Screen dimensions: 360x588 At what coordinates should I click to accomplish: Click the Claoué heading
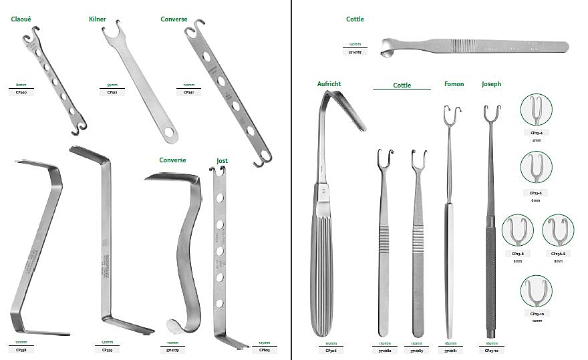23,19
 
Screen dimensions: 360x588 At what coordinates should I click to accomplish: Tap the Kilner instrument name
98,19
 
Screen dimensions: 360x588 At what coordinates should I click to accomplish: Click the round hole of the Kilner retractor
170,133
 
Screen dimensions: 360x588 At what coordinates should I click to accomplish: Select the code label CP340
21,92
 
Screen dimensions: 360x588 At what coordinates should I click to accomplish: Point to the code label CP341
189,92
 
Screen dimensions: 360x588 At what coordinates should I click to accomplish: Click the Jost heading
222,161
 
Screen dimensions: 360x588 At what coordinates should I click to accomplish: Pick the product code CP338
21,349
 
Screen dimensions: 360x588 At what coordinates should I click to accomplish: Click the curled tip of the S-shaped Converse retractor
175,325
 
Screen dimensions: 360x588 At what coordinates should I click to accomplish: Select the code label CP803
265,349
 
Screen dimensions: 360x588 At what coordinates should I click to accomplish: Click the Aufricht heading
329,84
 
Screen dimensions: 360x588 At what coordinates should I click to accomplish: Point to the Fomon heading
454,84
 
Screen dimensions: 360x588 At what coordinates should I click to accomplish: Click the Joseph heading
491,84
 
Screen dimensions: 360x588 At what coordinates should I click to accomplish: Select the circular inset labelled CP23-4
536,110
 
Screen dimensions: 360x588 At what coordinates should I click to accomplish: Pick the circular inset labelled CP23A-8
558,230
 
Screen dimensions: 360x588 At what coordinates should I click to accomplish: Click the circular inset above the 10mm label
536,291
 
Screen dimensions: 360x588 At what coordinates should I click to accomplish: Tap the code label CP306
329,349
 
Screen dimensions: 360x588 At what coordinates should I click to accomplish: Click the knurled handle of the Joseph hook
492,281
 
